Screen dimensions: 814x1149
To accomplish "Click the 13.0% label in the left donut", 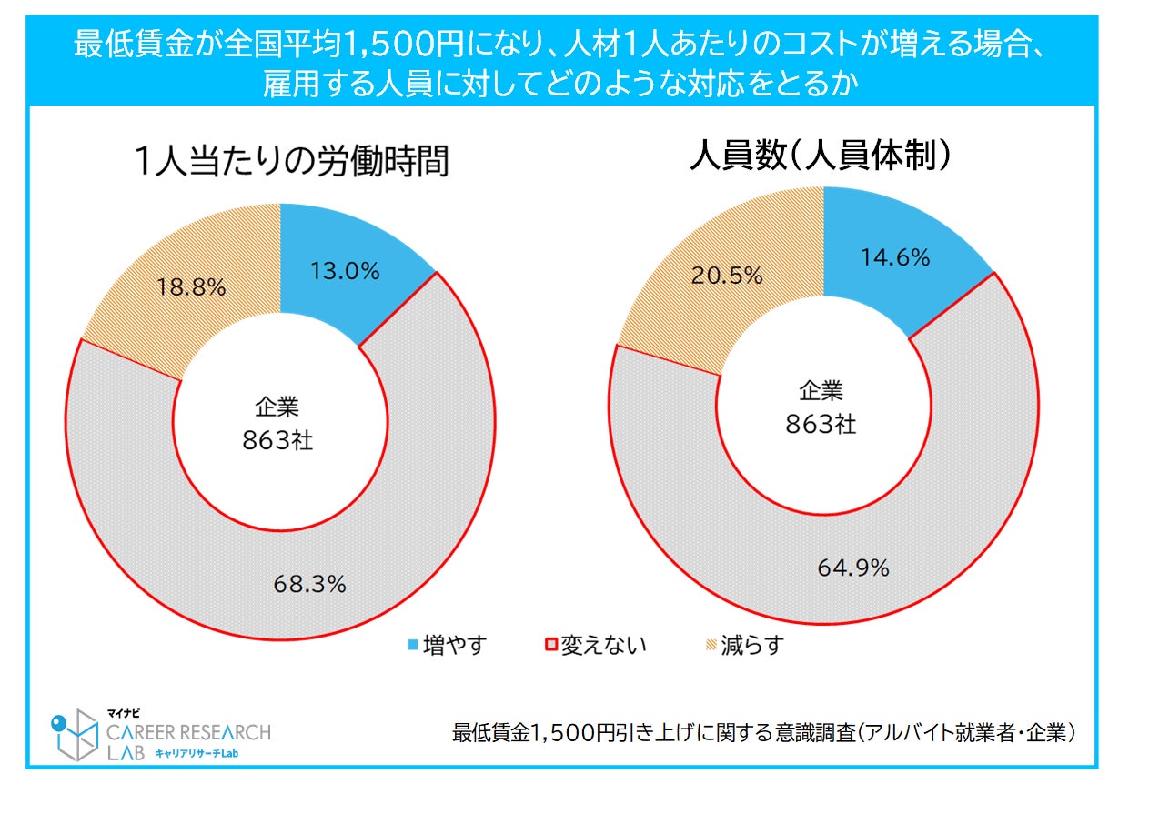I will [345, 271].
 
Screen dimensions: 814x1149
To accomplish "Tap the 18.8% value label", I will [192, 286].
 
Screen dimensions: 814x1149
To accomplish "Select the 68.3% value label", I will [309, 584].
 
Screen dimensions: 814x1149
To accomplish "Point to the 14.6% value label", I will [894, 257].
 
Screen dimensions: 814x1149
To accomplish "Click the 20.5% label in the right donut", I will [727, 274].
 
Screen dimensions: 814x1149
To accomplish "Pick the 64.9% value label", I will [852, 568].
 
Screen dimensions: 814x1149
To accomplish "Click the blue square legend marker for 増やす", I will [413, 646].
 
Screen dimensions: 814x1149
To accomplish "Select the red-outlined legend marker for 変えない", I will [549, 646].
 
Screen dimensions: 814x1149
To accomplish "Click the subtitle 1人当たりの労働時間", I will [290, 162].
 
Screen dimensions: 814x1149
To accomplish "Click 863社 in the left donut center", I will [277, 440].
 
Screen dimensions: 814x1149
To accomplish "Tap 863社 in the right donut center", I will [821, 424].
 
